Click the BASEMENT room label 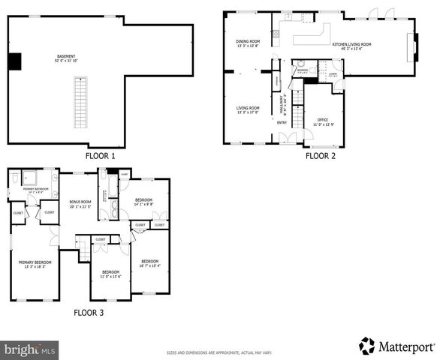(65, 58)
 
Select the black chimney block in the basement (14, 61)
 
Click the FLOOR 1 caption (100, 157)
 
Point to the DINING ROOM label (248, 43)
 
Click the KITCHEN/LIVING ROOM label (352, 45)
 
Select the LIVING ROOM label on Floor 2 (248, 109)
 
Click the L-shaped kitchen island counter (310, 34)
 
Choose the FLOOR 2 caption (320, 157)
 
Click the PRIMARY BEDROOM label (34, 263)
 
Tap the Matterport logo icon (366, 346)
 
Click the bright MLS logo (30, 349)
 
